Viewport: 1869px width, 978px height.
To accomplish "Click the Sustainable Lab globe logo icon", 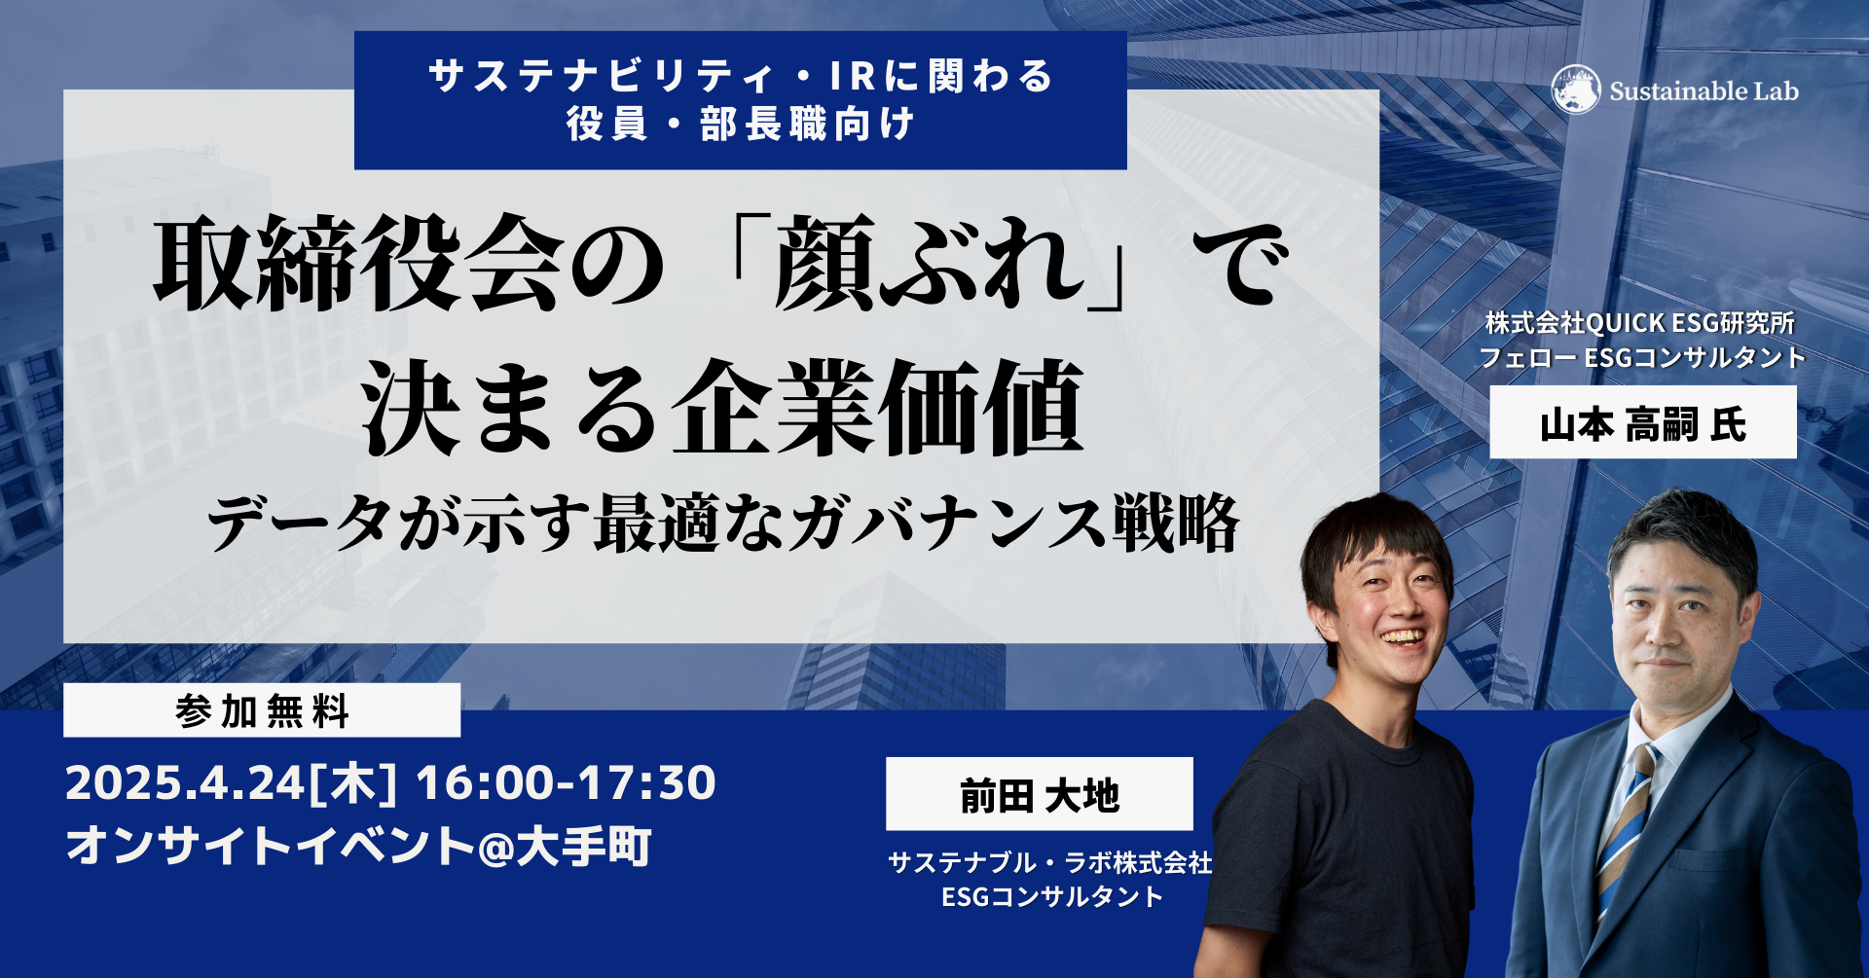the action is coord(1576,91).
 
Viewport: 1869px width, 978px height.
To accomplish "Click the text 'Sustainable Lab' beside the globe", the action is coord(1704,91).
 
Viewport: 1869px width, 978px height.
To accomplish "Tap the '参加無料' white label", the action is coord(262,710).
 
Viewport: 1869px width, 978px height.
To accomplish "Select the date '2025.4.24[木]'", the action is coord(232,783).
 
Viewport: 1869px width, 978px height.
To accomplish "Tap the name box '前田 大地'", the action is coord(1040,794).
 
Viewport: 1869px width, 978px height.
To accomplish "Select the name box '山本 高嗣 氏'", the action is coord(1643,422).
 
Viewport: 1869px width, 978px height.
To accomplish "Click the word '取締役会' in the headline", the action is coord(359,264).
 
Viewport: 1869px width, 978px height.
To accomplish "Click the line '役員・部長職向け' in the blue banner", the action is coord(741,125).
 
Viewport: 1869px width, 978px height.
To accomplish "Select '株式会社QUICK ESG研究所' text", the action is coord(1640,322).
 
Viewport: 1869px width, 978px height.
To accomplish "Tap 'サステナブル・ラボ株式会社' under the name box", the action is coord(1050,862).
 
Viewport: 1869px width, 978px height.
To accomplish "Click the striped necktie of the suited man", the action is coord(1626,827).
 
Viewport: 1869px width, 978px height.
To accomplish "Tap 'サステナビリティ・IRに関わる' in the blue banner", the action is coord(741,76).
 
